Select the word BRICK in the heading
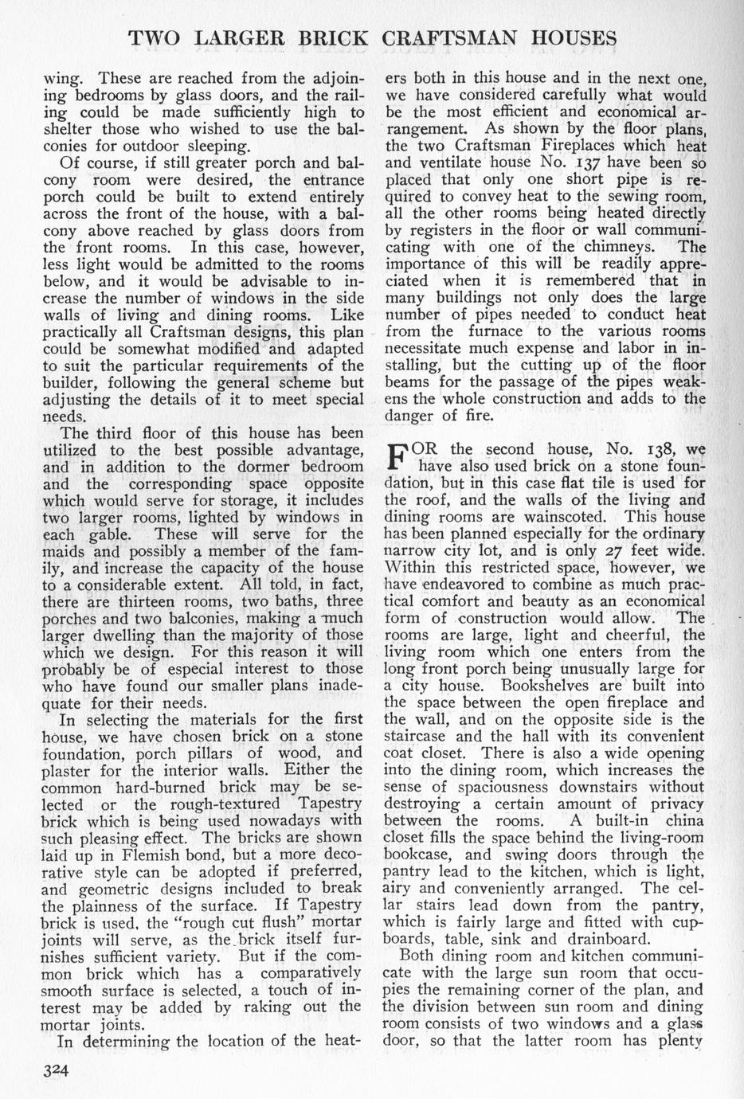point(328,37)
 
